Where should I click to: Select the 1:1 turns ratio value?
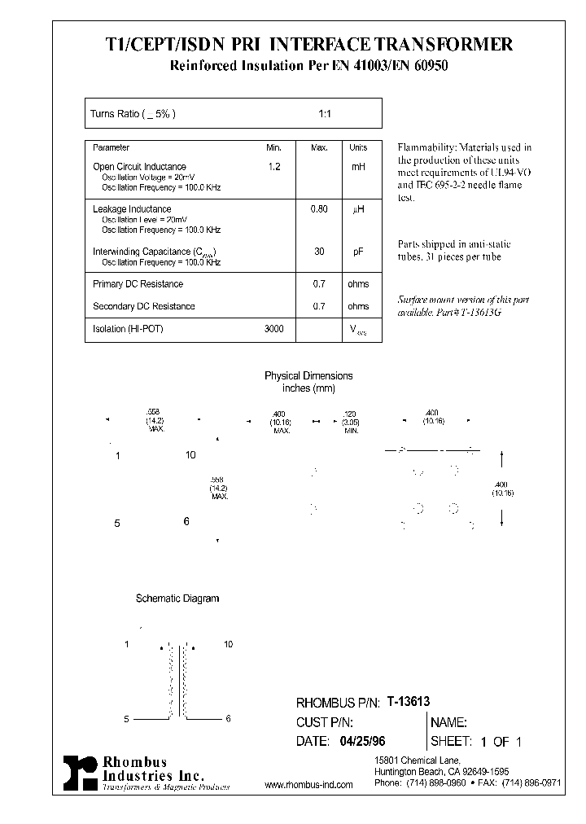click(x=324, y=114)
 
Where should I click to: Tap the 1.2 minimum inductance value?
click(x=274, y=166)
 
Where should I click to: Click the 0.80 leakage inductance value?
click(x=319, y=209)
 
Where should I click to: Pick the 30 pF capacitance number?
click(x=319, y=252)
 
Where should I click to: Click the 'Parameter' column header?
click(x=112, y=148)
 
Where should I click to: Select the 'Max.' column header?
click(x=319, y=148)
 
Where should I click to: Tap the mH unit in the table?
click(x=358, y=166)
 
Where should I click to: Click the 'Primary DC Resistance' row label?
click(x=138, y=284)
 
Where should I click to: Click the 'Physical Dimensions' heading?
click(x=308, y=376)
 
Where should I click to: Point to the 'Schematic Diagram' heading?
click(x=177, y=598)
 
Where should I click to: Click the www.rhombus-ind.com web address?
click(x=309, y=785)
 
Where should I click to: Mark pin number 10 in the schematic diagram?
click(x=228, y=644)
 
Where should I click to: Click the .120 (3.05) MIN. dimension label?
click(x=351, y=421)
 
